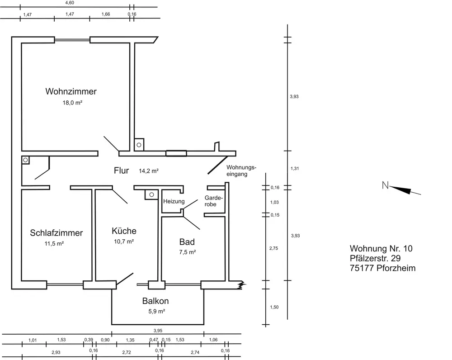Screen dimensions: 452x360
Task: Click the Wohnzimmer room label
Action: (71, 91)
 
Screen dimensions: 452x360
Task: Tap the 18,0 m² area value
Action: (73, 103)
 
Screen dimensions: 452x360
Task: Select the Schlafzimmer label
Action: (56, 233)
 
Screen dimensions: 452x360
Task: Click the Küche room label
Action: (124, 231)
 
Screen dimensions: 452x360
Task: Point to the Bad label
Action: (187, 242)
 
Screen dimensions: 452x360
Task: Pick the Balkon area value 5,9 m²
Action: (156, 311)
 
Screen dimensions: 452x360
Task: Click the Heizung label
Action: (174, 201)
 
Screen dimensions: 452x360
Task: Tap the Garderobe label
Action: (214, 201)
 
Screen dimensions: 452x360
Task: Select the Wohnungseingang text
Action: (241, 171)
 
